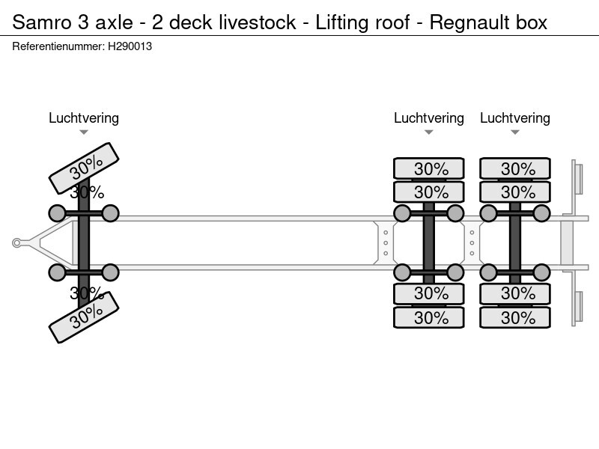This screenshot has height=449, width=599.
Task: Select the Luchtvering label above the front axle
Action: pos(84,118)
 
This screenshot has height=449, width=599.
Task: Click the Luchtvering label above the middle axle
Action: pos(429,118)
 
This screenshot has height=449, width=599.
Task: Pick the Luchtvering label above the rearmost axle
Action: pos(515,118)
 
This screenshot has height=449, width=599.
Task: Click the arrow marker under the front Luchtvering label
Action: pos(84,132)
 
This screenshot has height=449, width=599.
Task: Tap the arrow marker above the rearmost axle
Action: pos(515,132)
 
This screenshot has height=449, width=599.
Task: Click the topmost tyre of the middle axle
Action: pos(429,168)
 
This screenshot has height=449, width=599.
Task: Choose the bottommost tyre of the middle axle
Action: pos(429,317)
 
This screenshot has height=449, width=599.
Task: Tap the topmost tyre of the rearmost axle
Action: pos(515,168)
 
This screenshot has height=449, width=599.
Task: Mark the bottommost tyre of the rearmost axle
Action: pos(515,317)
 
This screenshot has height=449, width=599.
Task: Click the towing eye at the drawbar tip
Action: pos(17,242)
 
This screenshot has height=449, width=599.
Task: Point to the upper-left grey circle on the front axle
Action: pos(57,214)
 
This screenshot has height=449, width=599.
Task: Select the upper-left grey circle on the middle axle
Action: pos(402,214)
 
